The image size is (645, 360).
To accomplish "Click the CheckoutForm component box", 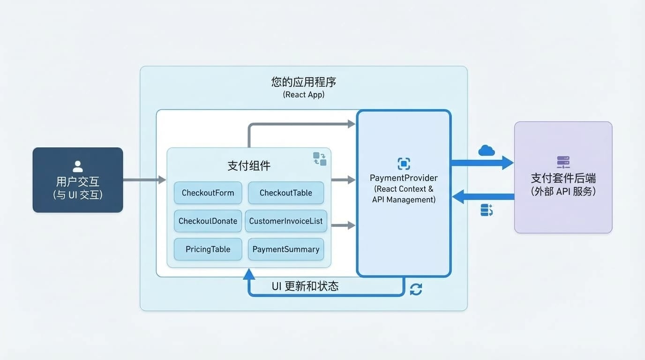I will tap(208, 193).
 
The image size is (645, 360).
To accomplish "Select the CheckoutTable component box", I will tap(286, 193).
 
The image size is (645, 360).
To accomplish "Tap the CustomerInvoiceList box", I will tap(286, 221).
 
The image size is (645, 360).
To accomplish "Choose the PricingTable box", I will tap(208, 249).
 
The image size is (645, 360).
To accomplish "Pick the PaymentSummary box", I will tap(286, 249).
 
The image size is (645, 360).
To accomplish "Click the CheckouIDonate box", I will tap(208, 221).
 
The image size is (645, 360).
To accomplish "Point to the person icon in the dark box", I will tap(78, 166).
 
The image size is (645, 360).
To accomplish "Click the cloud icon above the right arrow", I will tap(487, 150).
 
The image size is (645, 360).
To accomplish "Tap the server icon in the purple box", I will tap(563, 162).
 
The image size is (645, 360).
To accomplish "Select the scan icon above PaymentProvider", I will tap(404, 164).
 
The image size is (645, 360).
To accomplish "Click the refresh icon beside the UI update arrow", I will tap(416, 289).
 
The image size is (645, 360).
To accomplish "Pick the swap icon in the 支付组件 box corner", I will tap(320, 158).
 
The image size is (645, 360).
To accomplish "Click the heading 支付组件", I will tap(249, 166).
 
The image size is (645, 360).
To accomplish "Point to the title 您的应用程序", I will tap(304, 82).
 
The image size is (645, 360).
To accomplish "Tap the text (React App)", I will tap(304, 95).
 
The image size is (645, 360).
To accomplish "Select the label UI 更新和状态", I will tap(305, 286).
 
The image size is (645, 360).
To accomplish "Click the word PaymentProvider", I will tap(404, 178).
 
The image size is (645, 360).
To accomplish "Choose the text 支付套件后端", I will tap(563, 178).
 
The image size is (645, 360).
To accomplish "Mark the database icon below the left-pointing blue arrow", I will tap(487, 210).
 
